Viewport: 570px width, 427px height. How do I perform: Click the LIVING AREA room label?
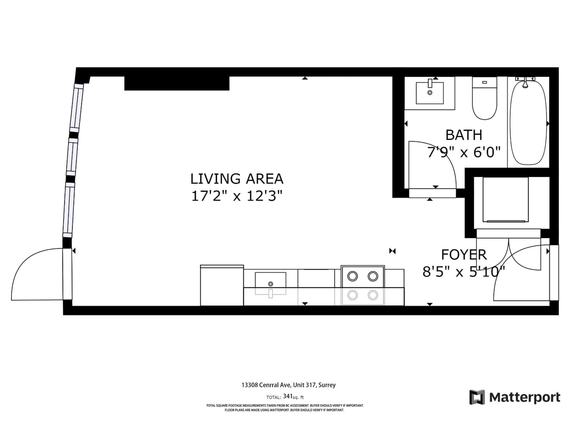pos(237,179)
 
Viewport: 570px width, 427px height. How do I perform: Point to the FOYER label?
pos(464,255)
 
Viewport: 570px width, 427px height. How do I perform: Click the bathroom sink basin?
pos(430,93)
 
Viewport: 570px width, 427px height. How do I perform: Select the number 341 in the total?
pos(288,396)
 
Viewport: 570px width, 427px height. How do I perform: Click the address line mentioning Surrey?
pos(288,385)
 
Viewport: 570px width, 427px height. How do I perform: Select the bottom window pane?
pos(69,210)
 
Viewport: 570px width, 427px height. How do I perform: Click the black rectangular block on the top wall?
pos(177,83)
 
